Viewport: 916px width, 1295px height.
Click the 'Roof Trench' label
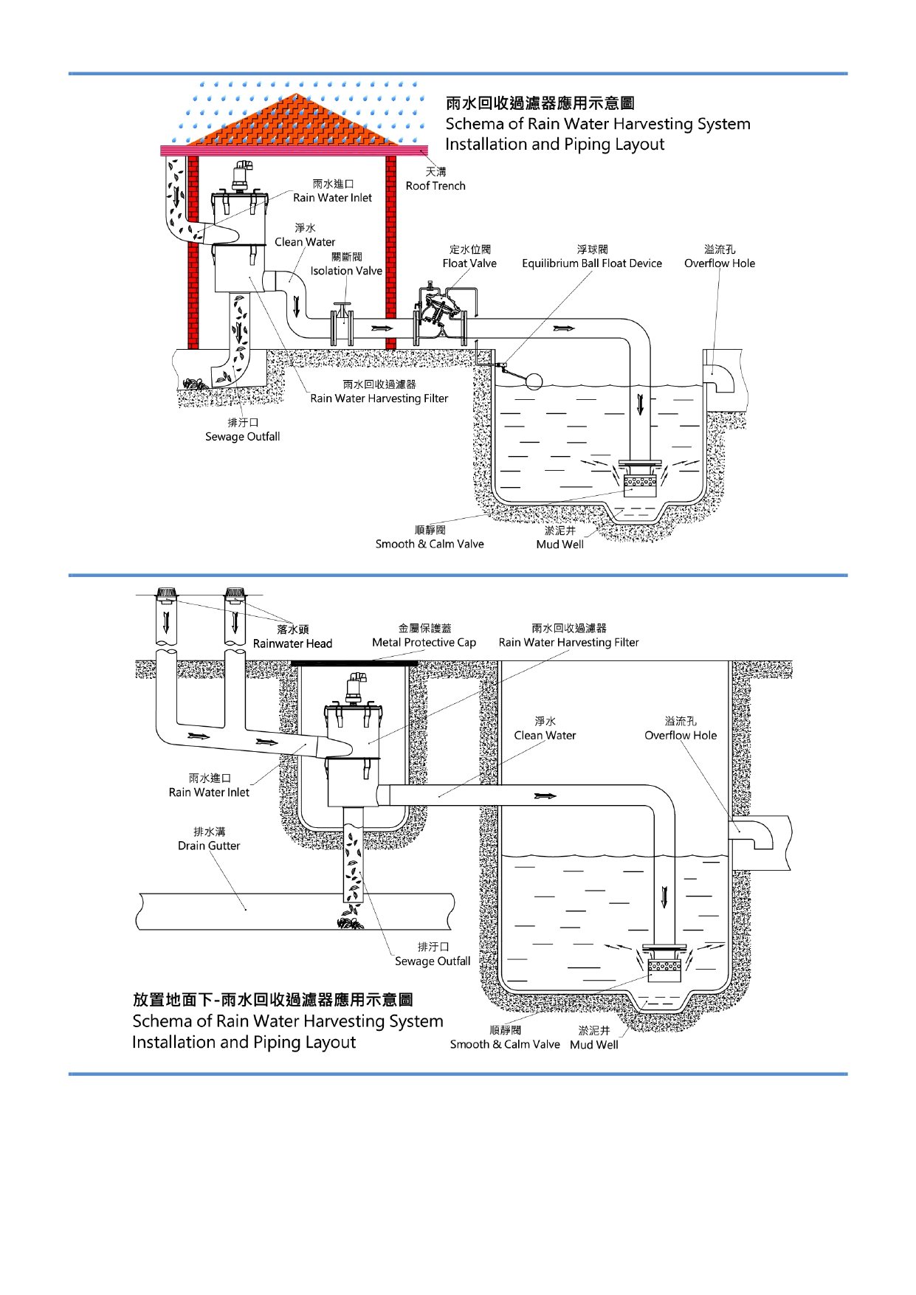[x=435, y=186]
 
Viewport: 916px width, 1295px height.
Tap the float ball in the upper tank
[x=533, y=381]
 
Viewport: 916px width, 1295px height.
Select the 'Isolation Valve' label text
[x=346, y=271]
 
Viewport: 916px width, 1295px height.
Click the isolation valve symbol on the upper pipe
[x=342, y=325]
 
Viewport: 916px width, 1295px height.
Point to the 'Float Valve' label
[x=469, y=263]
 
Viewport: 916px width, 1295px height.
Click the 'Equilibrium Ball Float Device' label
[x=592, y=263]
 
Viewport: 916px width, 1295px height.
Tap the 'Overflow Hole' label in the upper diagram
[x=720, y=263]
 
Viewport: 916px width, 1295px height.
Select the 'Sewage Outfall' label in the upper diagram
[x=242, y=437]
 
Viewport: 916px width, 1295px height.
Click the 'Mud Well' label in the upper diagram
[x=559, y=545]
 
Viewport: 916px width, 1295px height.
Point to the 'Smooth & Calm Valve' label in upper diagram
[x=430, y=545]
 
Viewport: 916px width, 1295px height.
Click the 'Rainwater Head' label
[x=292, y=643]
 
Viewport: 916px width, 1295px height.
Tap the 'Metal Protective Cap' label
[x=424, y=643]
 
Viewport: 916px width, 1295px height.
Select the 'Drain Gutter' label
[x=209, y=846]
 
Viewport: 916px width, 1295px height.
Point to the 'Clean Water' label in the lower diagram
[x=545, y=736]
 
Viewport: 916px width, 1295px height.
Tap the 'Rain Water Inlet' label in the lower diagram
[x=209, y=792]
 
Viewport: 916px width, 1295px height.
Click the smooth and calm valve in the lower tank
[x=664, y=963]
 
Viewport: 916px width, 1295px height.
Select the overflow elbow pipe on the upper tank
[x=720, y=376]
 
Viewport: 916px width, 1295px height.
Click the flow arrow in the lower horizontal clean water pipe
[x=545, y=795]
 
